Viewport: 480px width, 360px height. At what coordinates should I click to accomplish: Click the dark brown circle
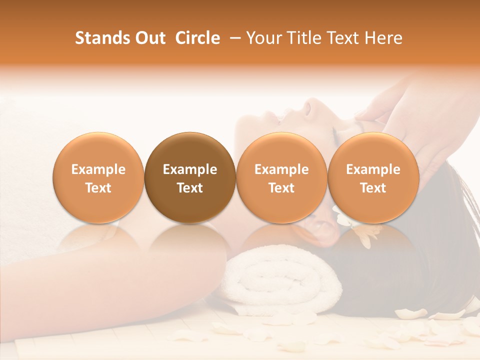tap(190, 177)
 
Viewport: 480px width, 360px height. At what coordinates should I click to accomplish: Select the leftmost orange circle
tap(98, 177)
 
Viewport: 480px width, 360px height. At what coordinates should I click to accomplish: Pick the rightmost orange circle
tap(373, 177)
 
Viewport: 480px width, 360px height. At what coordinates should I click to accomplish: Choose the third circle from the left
tap(281, 177)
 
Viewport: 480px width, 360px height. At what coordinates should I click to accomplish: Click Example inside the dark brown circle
tap(190, 169)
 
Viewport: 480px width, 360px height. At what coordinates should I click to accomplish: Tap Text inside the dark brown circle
tap(190, 188)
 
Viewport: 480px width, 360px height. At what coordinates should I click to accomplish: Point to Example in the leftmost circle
tap(98, 169)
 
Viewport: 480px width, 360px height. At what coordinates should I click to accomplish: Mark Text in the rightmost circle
tap(373, 188)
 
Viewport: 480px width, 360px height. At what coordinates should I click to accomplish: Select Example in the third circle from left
tap(281, 169)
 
